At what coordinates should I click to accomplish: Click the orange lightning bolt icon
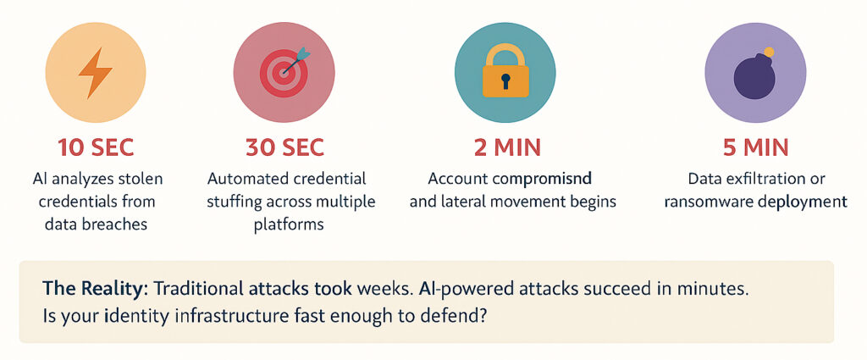coord(95,73)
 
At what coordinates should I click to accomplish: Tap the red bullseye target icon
coord(283,73)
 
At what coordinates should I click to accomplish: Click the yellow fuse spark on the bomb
coord(769,53)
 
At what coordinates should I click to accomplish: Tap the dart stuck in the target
coord(296,61)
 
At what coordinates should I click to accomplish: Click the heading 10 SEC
coord(96,147)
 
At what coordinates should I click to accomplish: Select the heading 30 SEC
coord(284,147)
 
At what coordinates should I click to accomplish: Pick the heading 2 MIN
coord(507,147)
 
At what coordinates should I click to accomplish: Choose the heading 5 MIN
coord(755,147)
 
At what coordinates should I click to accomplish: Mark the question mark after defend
coord(483,318)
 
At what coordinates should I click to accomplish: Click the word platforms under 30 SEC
coord(290,225)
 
